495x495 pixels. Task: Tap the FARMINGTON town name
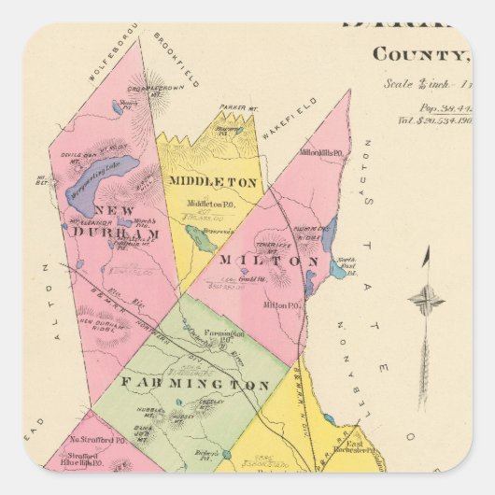(193, 384)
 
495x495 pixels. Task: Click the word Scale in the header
(399, 83)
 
